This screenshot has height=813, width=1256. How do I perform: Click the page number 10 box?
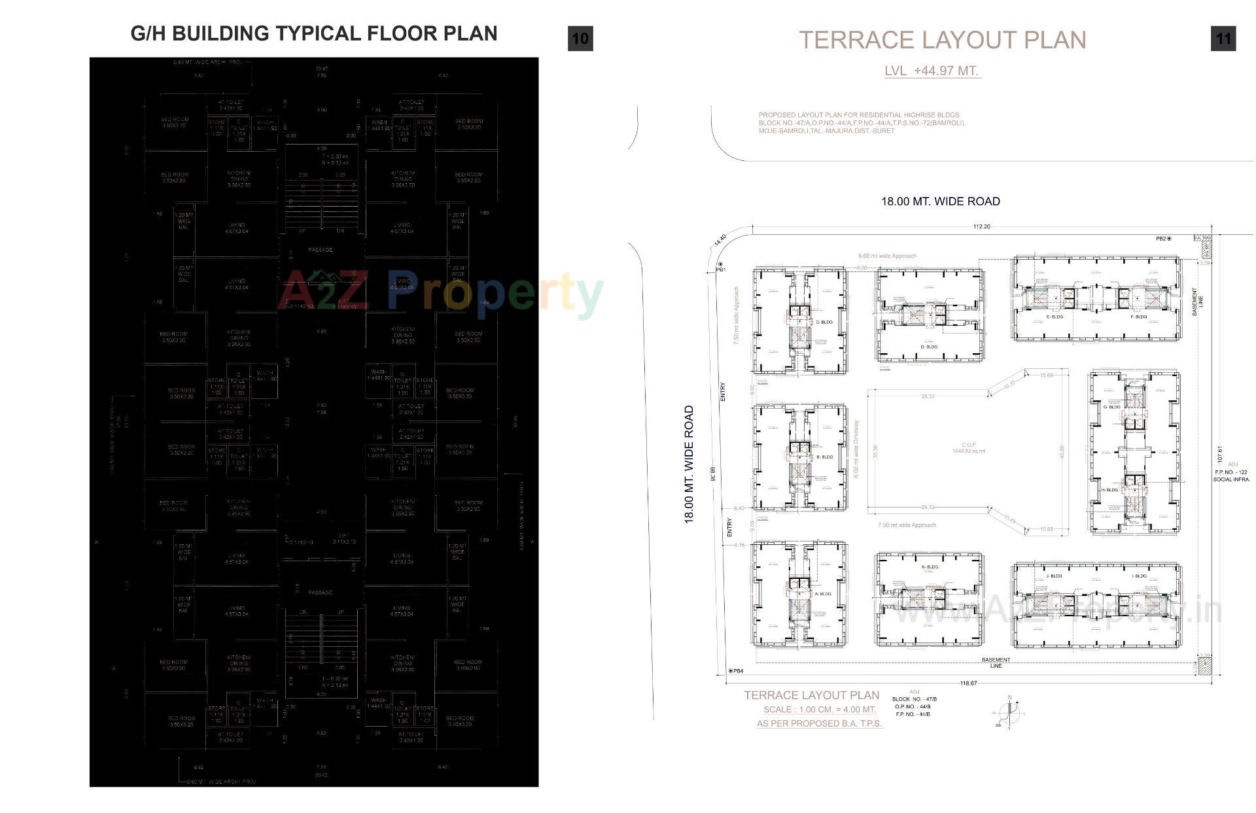click(580, 39)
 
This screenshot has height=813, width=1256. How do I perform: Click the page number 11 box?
click(1223, 39)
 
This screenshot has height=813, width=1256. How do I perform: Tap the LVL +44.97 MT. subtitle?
click(932, 71)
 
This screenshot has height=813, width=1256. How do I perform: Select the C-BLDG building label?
click(824, 322)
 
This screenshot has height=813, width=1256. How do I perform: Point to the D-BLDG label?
click(929, 347)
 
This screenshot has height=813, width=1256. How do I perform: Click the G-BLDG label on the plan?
click(1111, 407)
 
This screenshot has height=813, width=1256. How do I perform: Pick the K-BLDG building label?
click(929, 567)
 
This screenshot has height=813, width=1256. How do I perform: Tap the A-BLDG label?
click(823, 594)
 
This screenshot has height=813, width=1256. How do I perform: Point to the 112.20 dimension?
click(981, 227)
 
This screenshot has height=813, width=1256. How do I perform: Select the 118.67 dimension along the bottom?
click(968, 683)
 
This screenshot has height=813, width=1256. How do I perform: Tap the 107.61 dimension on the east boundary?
click(1220, 454)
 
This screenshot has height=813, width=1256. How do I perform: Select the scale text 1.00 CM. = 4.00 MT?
click(819, 710)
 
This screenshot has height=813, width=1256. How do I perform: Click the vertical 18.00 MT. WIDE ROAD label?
click(689, 464)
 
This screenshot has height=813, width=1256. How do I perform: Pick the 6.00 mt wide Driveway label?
click(856, 449)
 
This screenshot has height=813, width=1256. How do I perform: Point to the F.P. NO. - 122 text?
click(1231, 472)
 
